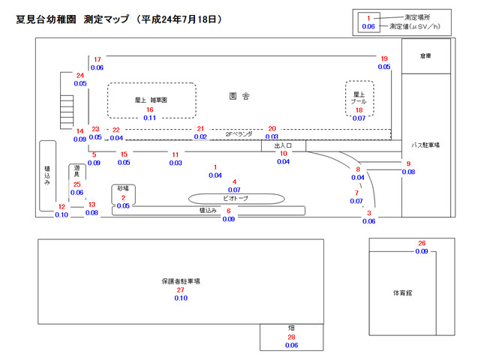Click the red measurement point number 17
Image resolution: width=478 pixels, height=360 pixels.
click(98, 58)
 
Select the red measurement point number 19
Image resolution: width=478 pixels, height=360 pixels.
click(384, 58)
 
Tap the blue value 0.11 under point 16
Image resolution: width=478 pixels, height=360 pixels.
click(149, 118)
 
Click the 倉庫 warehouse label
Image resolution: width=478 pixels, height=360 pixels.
click(426, 55)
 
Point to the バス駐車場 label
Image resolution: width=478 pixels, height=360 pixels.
click(425, 144)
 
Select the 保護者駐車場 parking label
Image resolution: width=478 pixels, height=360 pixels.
click(180, 281)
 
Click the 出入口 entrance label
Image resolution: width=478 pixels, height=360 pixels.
click(283, 145)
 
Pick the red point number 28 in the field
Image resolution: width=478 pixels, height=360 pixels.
click(292, 337)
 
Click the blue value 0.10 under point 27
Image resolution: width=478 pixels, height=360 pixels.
click(181, 298)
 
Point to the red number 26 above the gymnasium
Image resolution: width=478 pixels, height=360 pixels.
click(422, 243)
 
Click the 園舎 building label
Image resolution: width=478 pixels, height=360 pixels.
click(239, 96)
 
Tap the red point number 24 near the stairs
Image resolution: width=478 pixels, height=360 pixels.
click(80, 75)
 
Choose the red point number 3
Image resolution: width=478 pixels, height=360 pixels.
click(369, 213)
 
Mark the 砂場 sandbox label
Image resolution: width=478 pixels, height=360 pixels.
click(123, 188)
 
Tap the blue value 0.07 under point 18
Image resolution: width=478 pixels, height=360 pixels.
click(359, 118)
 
